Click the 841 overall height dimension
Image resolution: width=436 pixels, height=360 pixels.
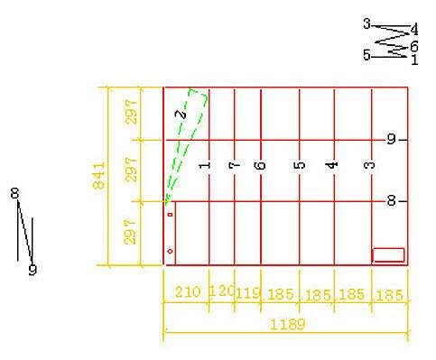tap(98, 176)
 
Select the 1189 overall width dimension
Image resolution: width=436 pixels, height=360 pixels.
tap(288, 325)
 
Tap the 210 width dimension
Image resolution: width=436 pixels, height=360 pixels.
tap(188, 292)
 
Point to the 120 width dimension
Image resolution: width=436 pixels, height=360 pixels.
tap(222, 291)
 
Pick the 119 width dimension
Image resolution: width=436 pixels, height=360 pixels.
tap(248, 293)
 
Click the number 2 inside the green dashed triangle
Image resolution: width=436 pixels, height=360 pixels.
tap(181, 115)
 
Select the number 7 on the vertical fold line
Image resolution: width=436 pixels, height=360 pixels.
tap(235, 165)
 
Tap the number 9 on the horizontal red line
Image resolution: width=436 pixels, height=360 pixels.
tap(391, 140)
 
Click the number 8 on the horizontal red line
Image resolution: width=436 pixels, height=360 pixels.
tap(391, 200)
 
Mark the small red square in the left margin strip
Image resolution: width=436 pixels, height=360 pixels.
tap(171, 215)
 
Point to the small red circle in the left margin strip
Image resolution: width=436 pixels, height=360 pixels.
tap(170, 251)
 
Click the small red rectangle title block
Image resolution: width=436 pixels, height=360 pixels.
tap(388, 255)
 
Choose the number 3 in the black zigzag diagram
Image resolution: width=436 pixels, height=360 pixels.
tap(366, 23)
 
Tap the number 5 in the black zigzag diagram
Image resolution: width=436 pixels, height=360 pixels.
tap(366, 55)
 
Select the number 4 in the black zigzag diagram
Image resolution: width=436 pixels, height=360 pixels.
tap(414, 30)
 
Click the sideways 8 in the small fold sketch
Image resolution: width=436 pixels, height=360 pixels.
tap(14, 193)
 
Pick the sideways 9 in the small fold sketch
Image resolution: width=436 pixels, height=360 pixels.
tap(32, 270)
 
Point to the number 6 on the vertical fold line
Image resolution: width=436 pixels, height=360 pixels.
tap(261, 165)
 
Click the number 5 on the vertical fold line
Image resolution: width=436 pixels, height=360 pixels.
tap(300, 165)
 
